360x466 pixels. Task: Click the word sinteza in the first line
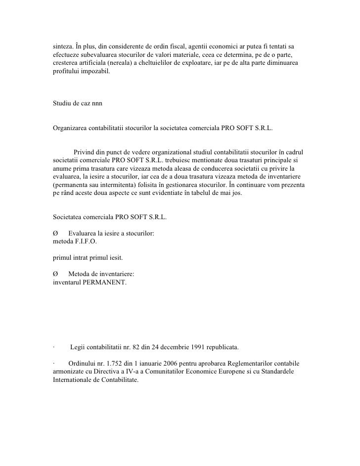click(x=64, y=45)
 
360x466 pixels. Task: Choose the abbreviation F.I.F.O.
click(x=85, y=241)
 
